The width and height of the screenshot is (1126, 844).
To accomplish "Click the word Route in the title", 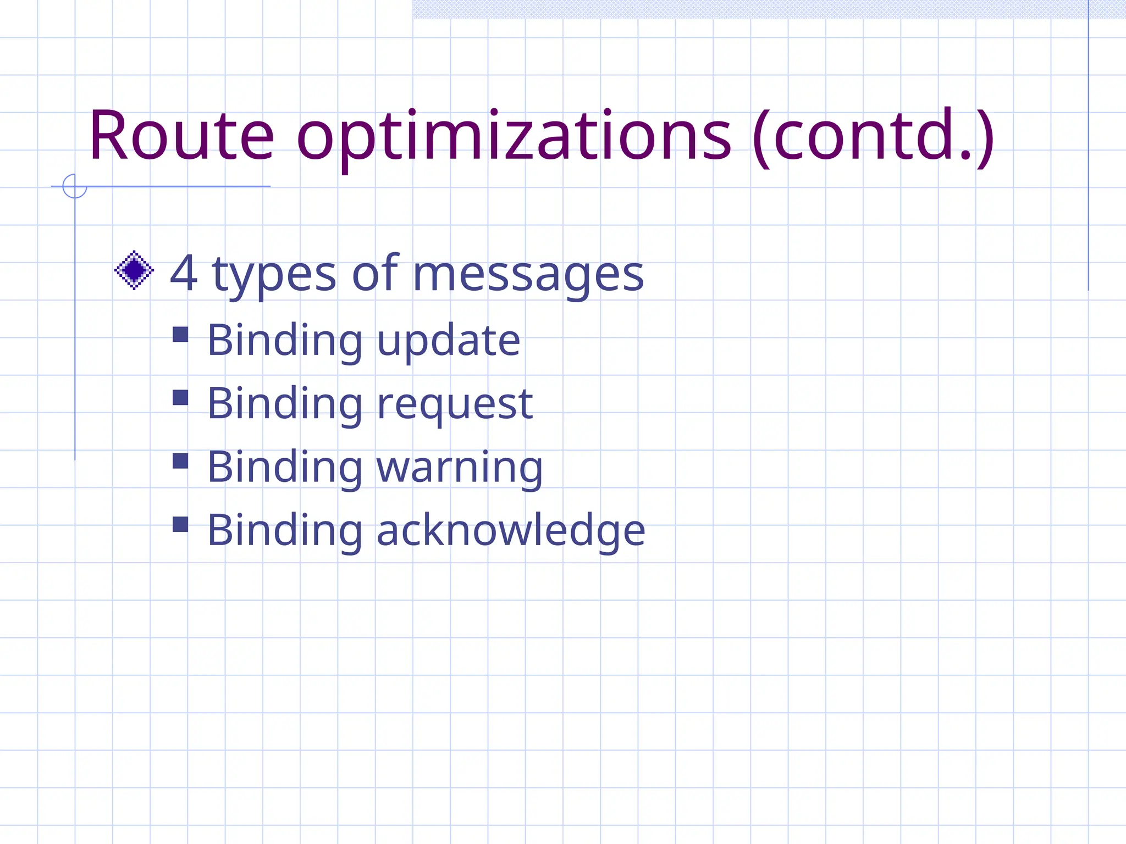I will point(181,136).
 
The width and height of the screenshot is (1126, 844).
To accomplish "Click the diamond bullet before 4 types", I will point(134,270).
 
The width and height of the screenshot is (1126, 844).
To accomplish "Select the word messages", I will point(528,275).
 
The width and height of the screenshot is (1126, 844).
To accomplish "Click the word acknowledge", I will point(511,531).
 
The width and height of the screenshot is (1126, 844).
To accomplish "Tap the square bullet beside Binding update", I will point(180,335).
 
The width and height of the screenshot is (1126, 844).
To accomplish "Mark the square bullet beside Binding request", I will point(180,398).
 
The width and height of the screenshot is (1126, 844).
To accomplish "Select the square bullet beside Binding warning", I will point(180,461).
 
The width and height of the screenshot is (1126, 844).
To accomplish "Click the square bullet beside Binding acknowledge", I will point(180,525).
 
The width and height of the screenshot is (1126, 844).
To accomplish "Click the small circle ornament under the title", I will point(75,186).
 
